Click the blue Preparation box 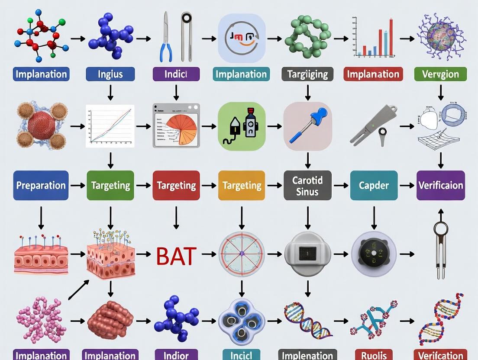(x=41, y=185)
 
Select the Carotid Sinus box (x=307, y=185)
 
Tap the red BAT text (x=176, y=256)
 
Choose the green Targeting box (x=110, y=185)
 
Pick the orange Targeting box (x=242, y=185)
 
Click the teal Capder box (x=374, y=185)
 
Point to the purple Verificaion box (x=440, y=185)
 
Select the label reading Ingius (x=110, y=74)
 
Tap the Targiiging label (x=307, y=74)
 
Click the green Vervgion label (x=440, y=74)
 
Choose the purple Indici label (x=176, y=74)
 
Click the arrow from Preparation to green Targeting (x=78, y=185)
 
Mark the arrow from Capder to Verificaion (x=407, y=185)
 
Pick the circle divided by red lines (x=242, y=254)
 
